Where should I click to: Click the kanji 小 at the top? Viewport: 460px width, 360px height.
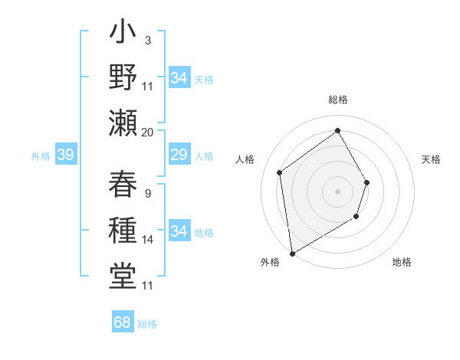coord(123,34)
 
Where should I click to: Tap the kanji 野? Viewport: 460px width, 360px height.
coord(123,77)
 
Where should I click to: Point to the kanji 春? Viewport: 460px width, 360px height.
coord(123,184)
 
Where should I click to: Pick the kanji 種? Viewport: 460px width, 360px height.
coord(123,229)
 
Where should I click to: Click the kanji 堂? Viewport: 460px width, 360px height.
coord(123,274)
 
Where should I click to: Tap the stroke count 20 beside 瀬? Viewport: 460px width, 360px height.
coord(148,132)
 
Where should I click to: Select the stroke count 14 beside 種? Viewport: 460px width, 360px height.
coord(148,240)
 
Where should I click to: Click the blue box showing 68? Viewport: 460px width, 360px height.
coord(123,322)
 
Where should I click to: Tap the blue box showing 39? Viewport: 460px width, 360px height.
coord(66,155)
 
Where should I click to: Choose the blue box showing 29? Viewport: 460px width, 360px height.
coord(179,155)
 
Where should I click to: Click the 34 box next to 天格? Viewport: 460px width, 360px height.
coord(179,78)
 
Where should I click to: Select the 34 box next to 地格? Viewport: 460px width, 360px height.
coord(179,231)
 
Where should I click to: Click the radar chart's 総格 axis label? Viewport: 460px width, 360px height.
coord(337,100)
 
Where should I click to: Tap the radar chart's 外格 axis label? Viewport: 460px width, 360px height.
coord(270,262)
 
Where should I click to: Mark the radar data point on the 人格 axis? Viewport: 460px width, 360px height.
coord(280,172)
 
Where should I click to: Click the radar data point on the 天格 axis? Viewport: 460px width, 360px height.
coord(366,182)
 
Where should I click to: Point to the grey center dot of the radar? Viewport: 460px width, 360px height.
coord(337,191)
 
